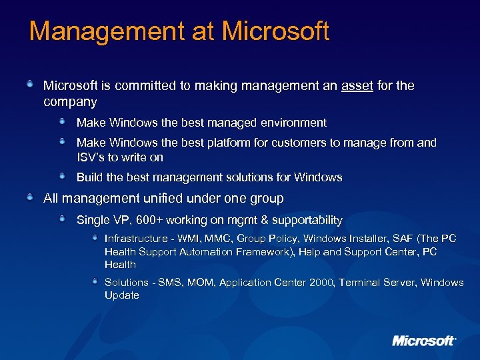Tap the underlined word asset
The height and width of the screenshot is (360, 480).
point(357,86)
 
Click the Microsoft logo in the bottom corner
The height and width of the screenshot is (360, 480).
point(424,341)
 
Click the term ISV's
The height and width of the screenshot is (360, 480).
point(91,157)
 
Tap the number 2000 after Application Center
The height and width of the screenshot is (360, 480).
point(321,283)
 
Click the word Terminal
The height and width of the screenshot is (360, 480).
point(360,283)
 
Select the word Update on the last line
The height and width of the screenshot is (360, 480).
point(121,295)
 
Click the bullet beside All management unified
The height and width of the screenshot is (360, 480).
point(31,197)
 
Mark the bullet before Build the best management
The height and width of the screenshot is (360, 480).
point(63,176)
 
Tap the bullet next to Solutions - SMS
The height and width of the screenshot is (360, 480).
point(96,281)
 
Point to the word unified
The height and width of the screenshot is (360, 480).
point(157,199)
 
